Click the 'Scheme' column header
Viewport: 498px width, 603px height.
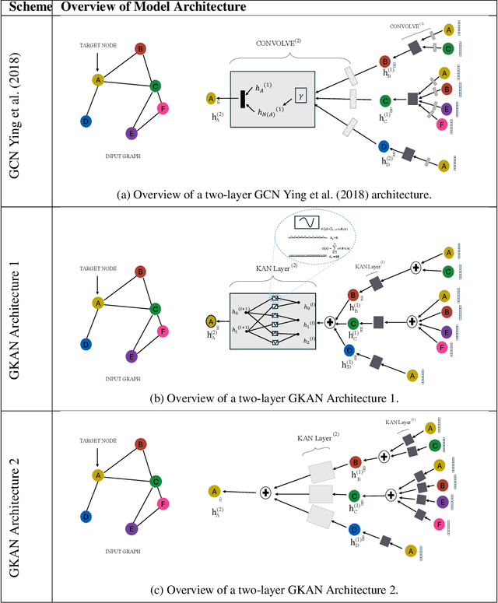[26, 7]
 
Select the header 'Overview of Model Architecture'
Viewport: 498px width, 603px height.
[154, 7]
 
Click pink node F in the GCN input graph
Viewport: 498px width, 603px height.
[163, 109]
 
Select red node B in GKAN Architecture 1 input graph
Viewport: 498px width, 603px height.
[140, 272]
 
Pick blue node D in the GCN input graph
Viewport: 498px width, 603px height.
[86, 121]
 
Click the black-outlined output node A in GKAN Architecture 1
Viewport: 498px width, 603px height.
[211, 321]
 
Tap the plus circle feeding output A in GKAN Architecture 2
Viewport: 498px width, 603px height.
[265, 492]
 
